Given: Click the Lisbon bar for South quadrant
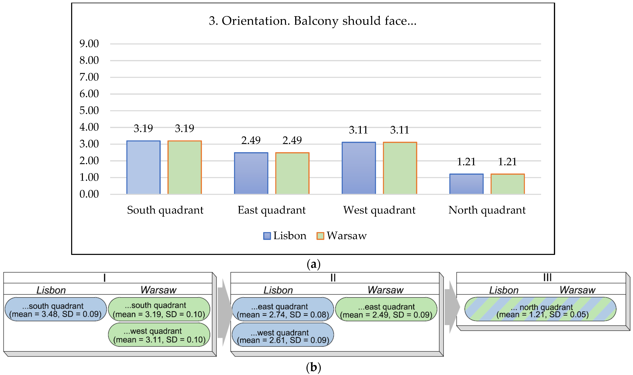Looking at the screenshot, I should pos(143,167).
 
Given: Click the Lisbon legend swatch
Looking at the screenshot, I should pos(267,236).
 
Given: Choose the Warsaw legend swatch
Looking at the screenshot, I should pos(320,236).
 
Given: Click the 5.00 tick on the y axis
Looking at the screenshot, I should pos(89,110).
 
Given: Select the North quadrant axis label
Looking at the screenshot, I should pos(487,210).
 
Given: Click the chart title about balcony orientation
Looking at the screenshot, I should pos(313,21).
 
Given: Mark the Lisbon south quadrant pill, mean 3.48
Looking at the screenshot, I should pos(55,310).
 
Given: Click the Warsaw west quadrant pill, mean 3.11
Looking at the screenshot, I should pos(159,335).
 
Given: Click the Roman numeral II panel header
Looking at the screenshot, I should pos(333,278).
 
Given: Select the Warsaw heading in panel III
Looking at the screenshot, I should pos(577,290).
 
